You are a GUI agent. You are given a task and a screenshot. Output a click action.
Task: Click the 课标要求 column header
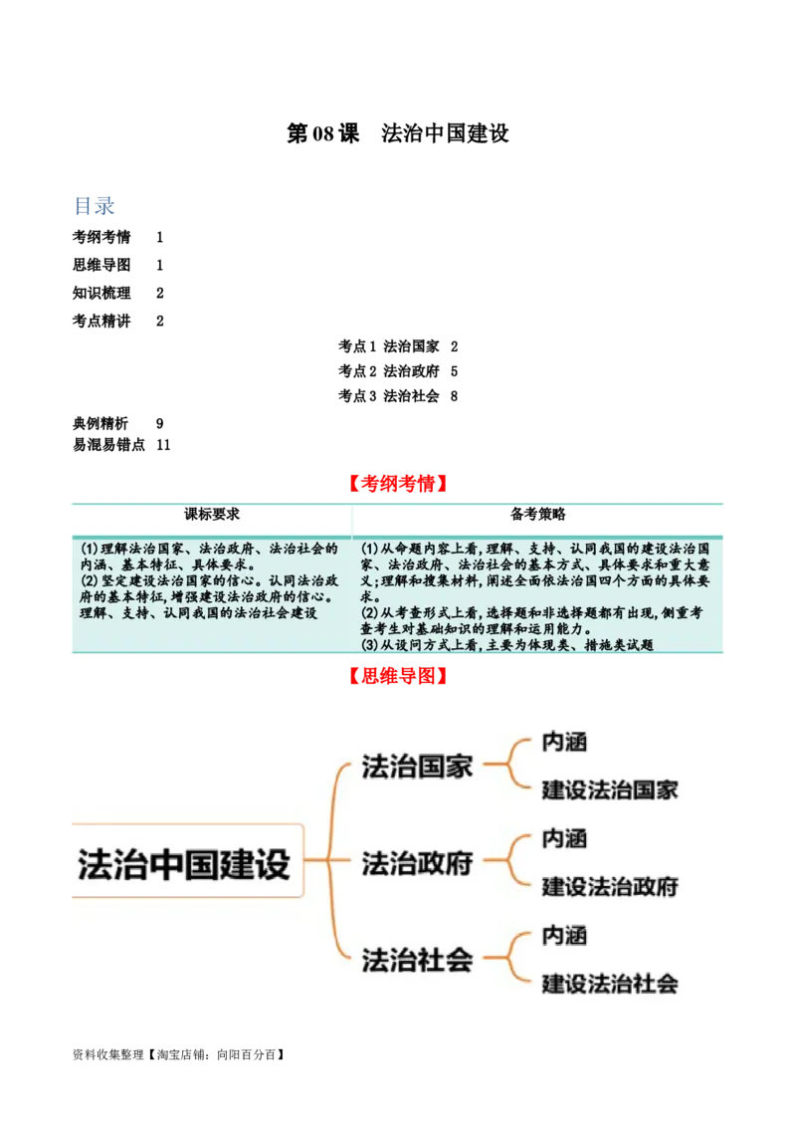point(212,515)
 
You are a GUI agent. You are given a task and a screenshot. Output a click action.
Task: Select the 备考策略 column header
point(538,515)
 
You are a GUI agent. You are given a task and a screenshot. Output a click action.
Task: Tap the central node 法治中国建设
point(184,862)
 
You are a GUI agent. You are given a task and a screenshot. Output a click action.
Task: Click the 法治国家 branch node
point(417,768)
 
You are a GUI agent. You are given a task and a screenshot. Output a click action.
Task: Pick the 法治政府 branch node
point(417,863)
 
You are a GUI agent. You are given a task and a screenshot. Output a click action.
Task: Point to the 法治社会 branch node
point(417,960)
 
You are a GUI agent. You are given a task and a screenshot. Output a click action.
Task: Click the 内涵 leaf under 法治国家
point(564,742)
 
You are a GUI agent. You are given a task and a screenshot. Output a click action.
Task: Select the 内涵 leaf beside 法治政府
point(564,838)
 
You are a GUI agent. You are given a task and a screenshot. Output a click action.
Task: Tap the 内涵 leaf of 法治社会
point(564,935)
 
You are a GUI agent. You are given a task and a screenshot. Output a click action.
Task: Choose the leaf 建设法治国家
point(610,790)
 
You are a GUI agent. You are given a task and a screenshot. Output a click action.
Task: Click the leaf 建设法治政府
point(610,886)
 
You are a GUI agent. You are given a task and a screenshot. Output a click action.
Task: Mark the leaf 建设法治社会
point(610,984)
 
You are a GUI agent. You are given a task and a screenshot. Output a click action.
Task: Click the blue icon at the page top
point(95,207)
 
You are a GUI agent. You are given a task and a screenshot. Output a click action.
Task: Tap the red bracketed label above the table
point(397,485)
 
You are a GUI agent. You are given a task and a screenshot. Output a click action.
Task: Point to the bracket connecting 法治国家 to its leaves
point(507,766)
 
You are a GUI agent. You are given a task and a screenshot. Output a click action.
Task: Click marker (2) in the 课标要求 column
point(90,580)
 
